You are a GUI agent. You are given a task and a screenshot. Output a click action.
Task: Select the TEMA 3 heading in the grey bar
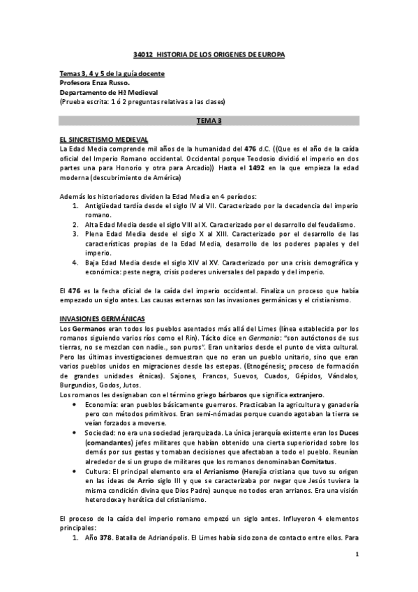(209, 121)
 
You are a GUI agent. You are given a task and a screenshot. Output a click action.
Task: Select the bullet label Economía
(102, 404)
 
